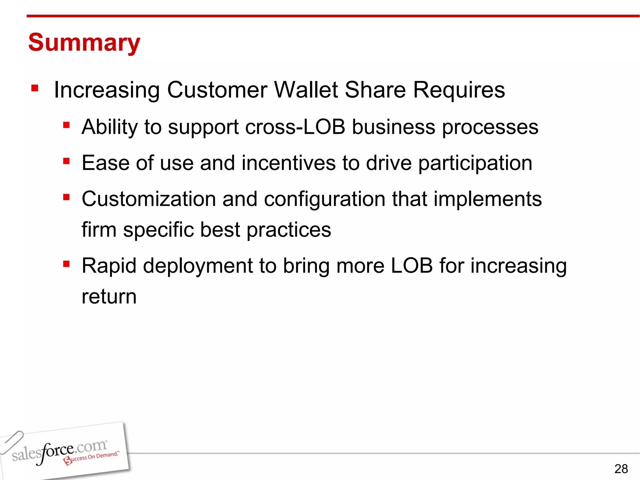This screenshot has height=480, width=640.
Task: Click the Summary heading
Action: click(x=84, y=42)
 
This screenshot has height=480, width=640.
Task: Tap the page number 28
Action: click(x=621, y=469)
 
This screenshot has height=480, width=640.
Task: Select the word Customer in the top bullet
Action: click(x=217, y=90)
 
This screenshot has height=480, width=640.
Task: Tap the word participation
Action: click(x=475, y=164)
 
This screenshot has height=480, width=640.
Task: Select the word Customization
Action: click(x=149, y=199)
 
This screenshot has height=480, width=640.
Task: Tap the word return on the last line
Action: click(x=109, y=297)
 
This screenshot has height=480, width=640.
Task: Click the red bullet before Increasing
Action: click(x=35, y=88)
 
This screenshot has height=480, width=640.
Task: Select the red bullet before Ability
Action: click(x=66, y=125)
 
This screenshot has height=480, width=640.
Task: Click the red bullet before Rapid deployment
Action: click(x=66, y=264)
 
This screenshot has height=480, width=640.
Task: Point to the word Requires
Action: click(x=459, y=90)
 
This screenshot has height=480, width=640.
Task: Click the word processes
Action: click(x=490, y=128)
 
